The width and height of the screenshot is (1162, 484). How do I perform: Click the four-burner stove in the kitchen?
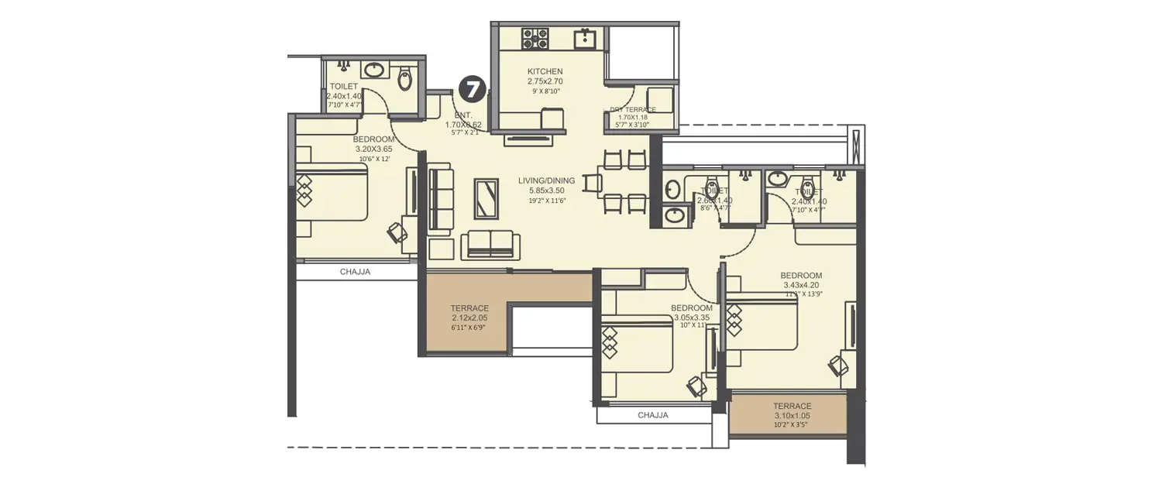tap(535, 38)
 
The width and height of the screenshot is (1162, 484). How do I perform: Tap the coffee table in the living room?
tap(486, 199)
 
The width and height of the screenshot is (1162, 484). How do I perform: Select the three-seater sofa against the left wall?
tap(440, 198)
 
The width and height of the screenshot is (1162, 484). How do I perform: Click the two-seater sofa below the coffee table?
tap(491, 244)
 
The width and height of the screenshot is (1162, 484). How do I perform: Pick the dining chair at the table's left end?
tap(593, 184)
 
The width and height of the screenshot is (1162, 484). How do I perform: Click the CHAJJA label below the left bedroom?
tap(356, 272)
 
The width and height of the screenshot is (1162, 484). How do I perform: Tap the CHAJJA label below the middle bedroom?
tap(653, 415)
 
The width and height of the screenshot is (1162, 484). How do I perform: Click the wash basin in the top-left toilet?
tap(375, 70)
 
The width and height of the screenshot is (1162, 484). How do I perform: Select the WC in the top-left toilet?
tap(405, 78)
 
